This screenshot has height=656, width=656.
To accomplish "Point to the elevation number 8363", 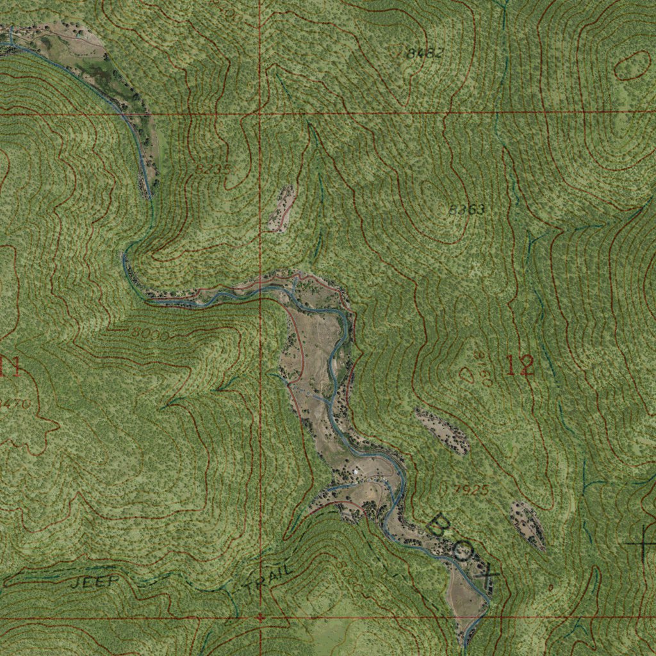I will [x=466, y=209].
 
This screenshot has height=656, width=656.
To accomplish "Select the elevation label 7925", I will [x=471, y=490].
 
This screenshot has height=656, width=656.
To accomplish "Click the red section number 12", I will [x=520, y=366].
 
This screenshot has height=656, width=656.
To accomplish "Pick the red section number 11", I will [x=9, y=367].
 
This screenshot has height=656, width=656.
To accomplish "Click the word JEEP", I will [x=94, y=582].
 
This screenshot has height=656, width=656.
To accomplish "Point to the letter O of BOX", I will [x=463, y=551].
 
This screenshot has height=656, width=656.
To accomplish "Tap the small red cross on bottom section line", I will [x=260, y=618].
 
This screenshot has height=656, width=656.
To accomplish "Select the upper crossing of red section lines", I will [x=260, y=113].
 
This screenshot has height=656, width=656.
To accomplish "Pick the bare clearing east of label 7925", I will [x=528, y=523].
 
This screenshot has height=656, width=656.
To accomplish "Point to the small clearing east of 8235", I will [x=283, y=209].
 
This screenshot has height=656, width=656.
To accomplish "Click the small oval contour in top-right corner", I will [x=634, y=65].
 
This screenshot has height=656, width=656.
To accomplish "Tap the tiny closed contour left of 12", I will [x=467, y=374].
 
